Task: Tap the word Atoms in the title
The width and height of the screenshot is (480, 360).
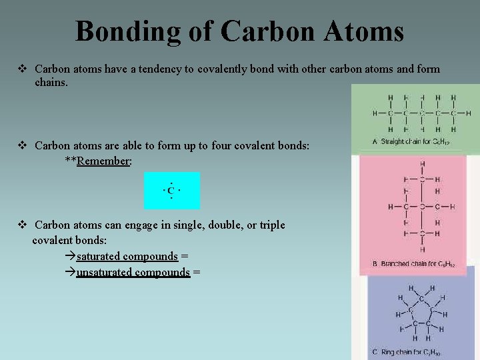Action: (365, 31)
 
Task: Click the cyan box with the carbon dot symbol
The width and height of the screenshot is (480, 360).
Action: (171, 191)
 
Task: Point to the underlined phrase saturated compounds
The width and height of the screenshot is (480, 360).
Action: (127, 256)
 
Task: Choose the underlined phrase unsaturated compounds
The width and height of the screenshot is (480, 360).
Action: (133, 272)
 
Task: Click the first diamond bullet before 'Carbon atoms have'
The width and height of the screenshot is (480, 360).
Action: (22, 69)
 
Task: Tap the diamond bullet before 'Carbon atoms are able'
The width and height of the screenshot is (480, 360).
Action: (22, 145)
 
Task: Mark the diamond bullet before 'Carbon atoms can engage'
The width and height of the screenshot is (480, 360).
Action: (22, 225)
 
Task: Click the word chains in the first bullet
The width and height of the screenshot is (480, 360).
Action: (51, 82)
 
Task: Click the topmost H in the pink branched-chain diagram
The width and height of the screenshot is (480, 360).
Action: (422, 164)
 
